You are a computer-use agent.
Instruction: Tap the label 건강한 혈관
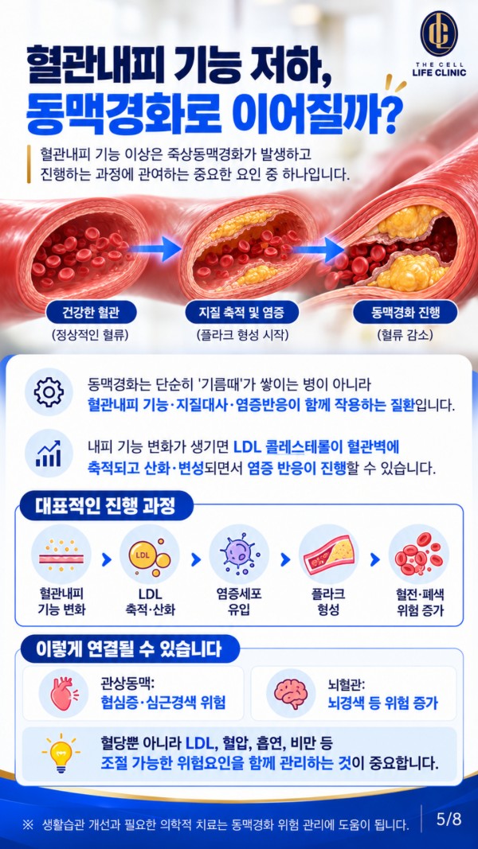pyautogui.click(x=91, y=313)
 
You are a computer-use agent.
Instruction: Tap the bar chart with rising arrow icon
pyautogui.click(x=49, y=453)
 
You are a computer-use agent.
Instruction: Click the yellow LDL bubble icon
pyautogui.click(x=149, y=555)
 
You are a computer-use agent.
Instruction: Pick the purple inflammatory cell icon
pyautogui.click(x=239, y=554)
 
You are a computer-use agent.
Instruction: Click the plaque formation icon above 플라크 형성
pyautogui.click(x=328, y=554)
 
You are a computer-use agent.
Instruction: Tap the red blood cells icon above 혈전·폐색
pyautogui.click(x=418, y=554)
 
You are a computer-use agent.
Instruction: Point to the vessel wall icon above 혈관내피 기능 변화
pyautogui.click(x=61, y=554)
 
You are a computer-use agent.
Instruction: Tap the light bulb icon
pyautogui.click(x=61, y=754)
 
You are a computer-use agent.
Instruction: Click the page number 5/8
pyautogui.click(x=449, y=819)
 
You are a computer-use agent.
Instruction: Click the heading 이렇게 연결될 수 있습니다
pyautogui.click(x=128, y=649)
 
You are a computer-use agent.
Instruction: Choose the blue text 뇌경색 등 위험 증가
pyautogui.click(x=383, y=703)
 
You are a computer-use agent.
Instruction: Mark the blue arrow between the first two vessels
pyautogui.click(x=155, y=250)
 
